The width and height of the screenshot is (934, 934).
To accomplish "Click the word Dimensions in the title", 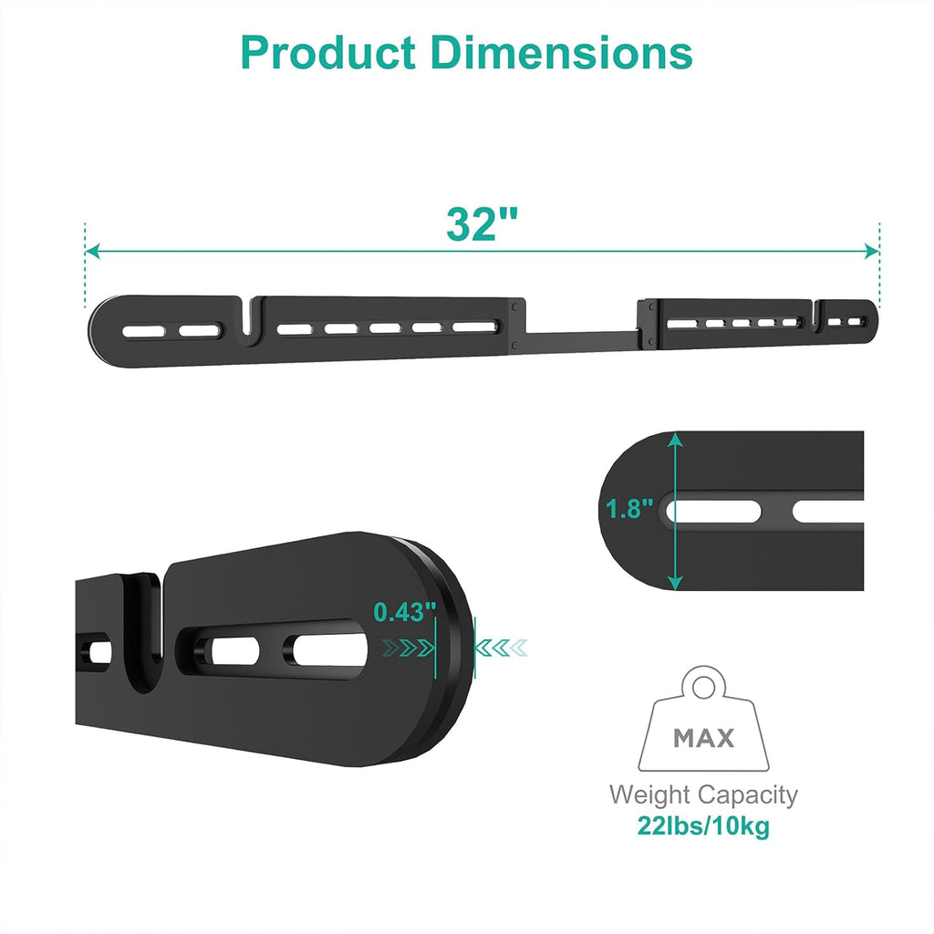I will tap(563, 54).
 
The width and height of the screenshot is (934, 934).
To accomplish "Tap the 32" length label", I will tap(482, 223).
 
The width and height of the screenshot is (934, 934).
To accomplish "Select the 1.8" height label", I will tap(630, 510).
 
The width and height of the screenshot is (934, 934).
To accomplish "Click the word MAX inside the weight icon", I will tap(703, 738).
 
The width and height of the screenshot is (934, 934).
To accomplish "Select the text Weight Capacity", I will tap(703, 794).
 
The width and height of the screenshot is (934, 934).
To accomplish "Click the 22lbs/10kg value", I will tap(703, 827).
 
